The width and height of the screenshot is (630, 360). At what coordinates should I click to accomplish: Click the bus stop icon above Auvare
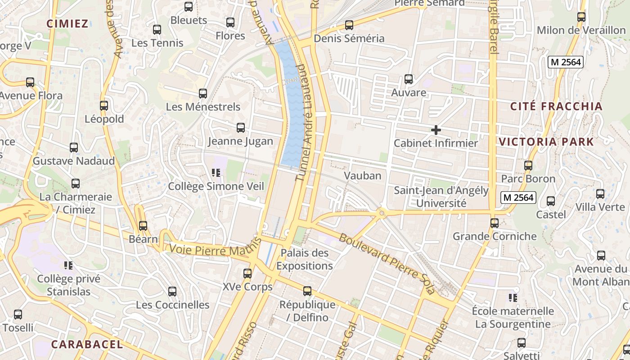point(409,79)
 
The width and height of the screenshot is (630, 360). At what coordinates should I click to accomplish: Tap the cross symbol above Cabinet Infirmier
point(436,130)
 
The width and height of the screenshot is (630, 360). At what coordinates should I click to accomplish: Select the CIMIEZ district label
point(67,24)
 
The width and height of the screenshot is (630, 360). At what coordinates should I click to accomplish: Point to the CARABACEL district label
point(87,344)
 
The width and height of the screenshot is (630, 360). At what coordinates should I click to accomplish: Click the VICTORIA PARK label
point(546,142)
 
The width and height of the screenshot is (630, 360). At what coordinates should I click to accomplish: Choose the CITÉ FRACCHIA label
point(556,106)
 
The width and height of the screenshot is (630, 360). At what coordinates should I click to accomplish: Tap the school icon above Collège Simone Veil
point(216,172)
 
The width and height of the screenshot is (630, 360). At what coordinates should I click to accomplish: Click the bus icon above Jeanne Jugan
point(241,128)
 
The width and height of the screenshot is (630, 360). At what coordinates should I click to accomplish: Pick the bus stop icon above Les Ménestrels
point(203,94)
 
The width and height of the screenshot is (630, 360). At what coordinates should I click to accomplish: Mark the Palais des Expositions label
point(305,259)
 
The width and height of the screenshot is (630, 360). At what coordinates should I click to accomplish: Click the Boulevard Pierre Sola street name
point(387,263)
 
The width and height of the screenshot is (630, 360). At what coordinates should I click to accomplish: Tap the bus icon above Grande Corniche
point(495,223)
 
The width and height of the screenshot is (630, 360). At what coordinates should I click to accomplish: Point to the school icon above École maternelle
point(513,297)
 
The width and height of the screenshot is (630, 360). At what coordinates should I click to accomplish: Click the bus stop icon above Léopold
point(104,106)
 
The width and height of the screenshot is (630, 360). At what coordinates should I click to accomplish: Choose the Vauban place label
point(363,175)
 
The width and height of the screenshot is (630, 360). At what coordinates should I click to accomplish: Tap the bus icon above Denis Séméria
point(349,25)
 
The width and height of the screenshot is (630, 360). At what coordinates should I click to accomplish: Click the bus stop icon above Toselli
point(18,315)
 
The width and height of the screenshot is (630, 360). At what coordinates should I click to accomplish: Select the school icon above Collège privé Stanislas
point(68,265)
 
